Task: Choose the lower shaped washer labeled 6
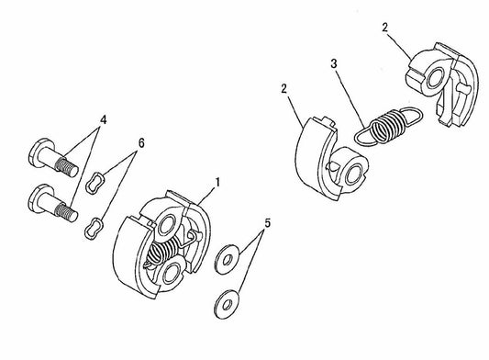(x=94, y=226)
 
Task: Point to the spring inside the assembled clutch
(x=167, y=246)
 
